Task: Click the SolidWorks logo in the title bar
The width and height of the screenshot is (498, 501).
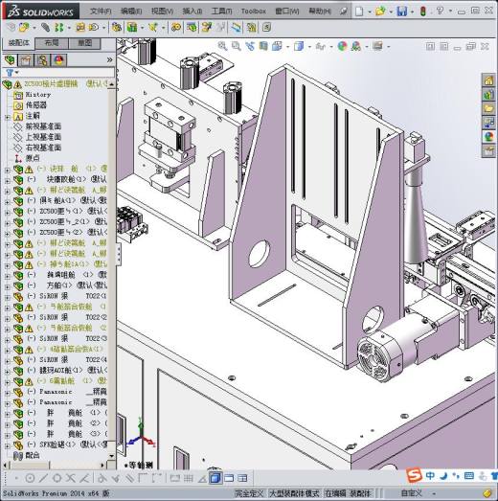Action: coord(35,11)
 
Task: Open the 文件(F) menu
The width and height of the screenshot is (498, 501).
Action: coord(101,11)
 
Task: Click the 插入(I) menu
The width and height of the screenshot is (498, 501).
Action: coord(192,11)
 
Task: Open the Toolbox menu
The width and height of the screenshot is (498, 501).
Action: coord(253,11)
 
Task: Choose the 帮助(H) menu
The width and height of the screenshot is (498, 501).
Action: coord(321,11)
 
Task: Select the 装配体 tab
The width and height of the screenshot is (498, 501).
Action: coord(19,43)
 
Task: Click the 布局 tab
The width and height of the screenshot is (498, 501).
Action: coord(53,43)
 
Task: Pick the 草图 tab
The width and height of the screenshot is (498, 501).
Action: coord(85,43)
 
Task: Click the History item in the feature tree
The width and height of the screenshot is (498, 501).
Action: coord(38,95)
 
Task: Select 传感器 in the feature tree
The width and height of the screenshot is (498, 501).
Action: coord(37,105)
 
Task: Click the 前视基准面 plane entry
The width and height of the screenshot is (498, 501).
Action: coord(42,126)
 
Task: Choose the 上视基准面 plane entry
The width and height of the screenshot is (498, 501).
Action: coord(42,137)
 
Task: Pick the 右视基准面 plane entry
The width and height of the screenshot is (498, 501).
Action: coord(42,148)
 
